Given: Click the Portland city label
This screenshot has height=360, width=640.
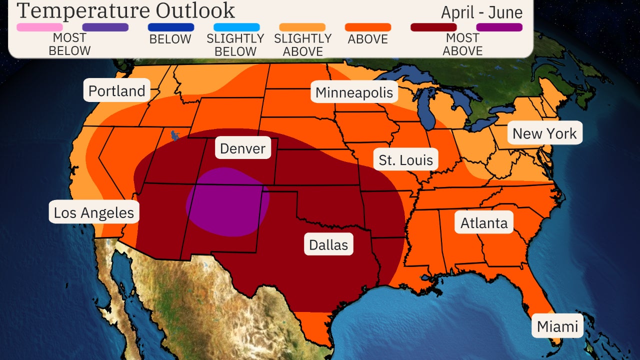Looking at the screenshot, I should (116, 90).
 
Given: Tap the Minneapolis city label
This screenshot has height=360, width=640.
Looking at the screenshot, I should (354, 92).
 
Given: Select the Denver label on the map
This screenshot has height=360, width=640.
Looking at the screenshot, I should (243, 148).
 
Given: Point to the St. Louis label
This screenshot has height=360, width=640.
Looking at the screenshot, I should (405, 160).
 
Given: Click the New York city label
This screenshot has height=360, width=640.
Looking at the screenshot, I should (544, 133).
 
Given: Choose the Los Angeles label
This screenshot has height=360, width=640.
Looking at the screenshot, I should (94, 212).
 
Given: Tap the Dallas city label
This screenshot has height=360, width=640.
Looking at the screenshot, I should (328, 244).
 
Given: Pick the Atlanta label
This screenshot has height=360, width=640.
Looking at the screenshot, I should (483, 222).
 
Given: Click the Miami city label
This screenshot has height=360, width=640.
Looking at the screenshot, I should (557, 326).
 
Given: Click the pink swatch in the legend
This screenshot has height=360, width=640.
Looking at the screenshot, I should (39, 27).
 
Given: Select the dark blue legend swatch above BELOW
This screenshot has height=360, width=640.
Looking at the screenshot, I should (170, 27).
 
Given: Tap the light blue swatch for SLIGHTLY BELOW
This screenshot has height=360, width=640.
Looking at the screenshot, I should (236, 27).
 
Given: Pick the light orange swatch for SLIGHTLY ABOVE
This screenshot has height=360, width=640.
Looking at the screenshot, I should (302, 27).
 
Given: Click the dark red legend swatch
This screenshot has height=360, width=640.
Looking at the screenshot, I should (433, 27).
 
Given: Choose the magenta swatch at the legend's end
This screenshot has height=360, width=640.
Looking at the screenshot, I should (499, 27).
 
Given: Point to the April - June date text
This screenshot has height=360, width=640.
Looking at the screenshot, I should (481, 12).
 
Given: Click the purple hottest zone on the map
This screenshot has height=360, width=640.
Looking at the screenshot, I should (227, 201).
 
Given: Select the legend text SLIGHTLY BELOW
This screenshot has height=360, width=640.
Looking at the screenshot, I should (235, 45).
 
